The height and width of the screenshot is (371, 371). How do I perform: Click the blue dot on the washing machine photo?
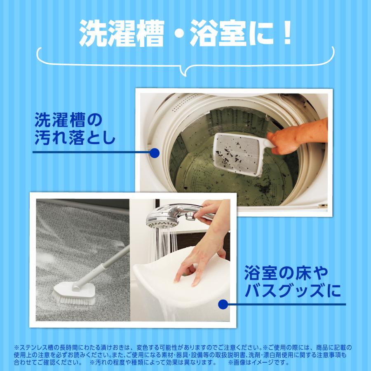(154, 153)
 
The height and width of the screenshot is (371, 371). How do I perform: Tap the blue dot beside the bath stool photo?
(223, 305)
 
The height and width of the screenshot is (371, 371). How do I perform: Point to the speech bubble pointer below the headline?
(186, 70)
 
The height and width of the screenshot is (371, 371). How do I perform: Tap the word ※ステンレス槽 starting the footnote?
(35, 348)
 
